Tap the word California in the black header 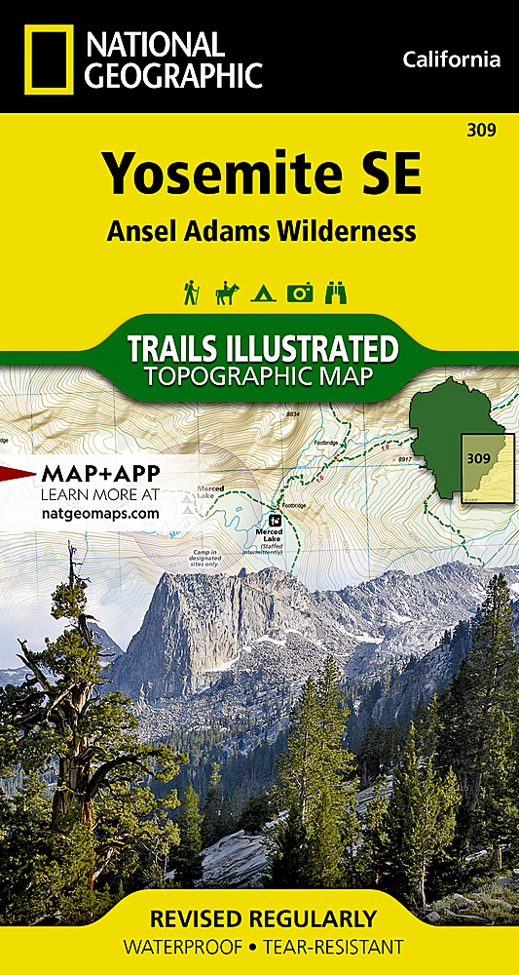coord(451,60)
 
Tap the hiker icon coord(192,292)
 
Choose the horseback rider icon coord(227,292)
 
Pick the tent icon coord(262,292)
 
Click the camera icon coord(299,292)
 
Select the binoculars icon coord(335,292)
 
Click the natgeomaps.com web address coord(99,512)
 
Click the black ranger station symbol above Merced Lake coord(276,520)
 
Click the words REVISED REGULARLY coord(259,918)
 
